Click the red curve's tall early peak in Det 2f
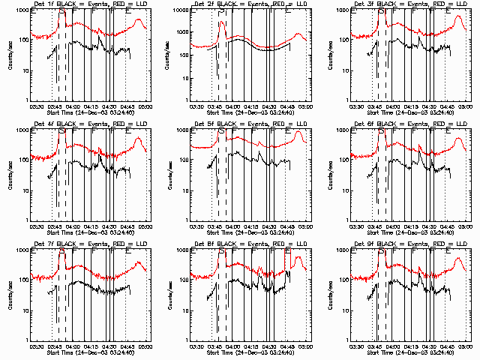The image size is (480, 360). (x=222, y=22)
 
